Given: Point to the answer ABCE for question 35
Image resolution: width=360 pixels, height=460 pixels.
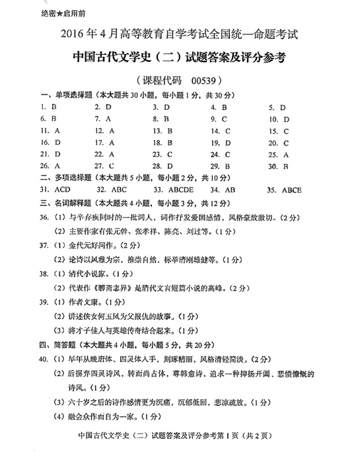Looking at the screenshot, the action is (x=291, y=190).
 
